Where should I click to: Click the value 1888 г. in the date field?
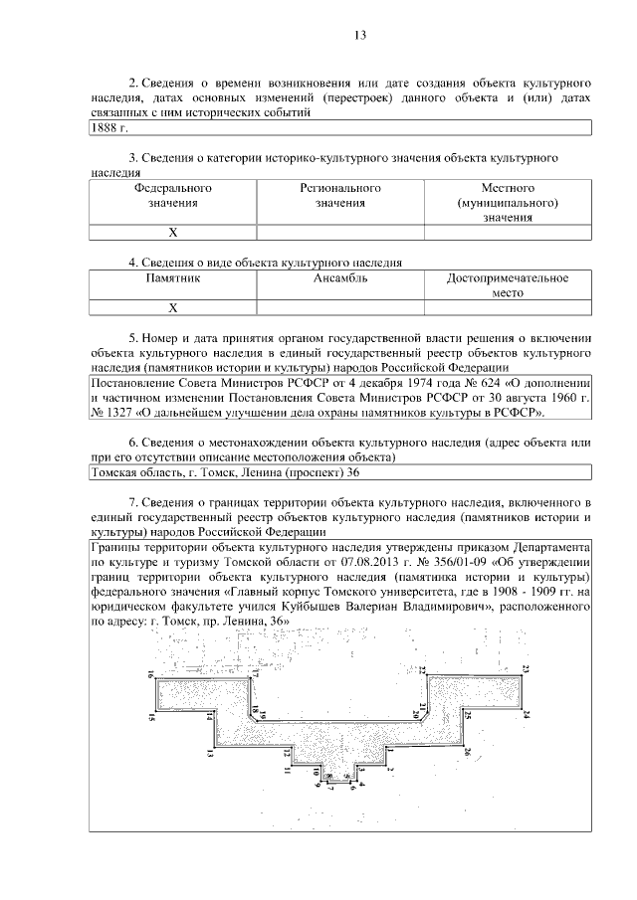pos(110,128)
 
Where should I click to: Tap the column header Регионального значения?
pos(340,195)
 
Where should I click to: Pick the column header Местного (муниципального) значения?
pos(508,202)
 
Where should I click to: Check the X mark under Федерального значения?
pos(172,233)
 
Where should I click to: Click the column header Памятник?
pos(172,278)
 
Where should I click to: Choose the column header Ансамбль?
pos(340,278)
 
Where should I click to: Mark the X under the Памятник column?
pos(172,308)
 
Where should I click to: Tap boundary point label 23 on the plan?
pos(526,667)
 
